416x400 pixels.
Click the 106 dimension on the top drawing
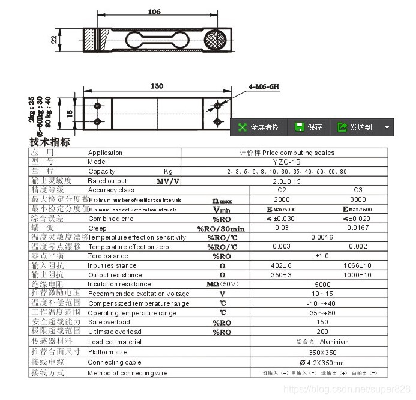click(x=154, y=12)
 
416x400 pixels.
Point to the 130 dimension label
click(x=157, y=86)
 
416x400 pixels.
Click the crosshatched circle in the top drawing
click(x=213, y=40)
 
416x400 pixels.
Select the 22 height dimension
click(x=54, y=40)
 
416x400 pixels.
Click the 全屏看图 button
click(x=259, y=127)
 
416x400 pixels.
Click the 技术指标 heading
click(x=50, y=142)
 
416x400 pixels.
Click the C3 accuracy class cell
click(x=358, y=190)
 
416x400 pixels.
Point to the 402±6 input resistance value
click(x=282, y=265)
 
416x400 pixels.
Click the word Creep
click(x=97, y=228)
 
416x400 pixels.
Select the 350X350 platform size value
click(x=322, y=351)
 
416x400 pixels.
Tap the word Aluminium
click(x=335, y=342)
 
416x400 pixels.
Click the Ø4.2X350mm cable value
click(x=322, y=362)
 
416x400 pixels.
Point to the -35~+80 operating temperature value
click(x=322, y=313)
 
